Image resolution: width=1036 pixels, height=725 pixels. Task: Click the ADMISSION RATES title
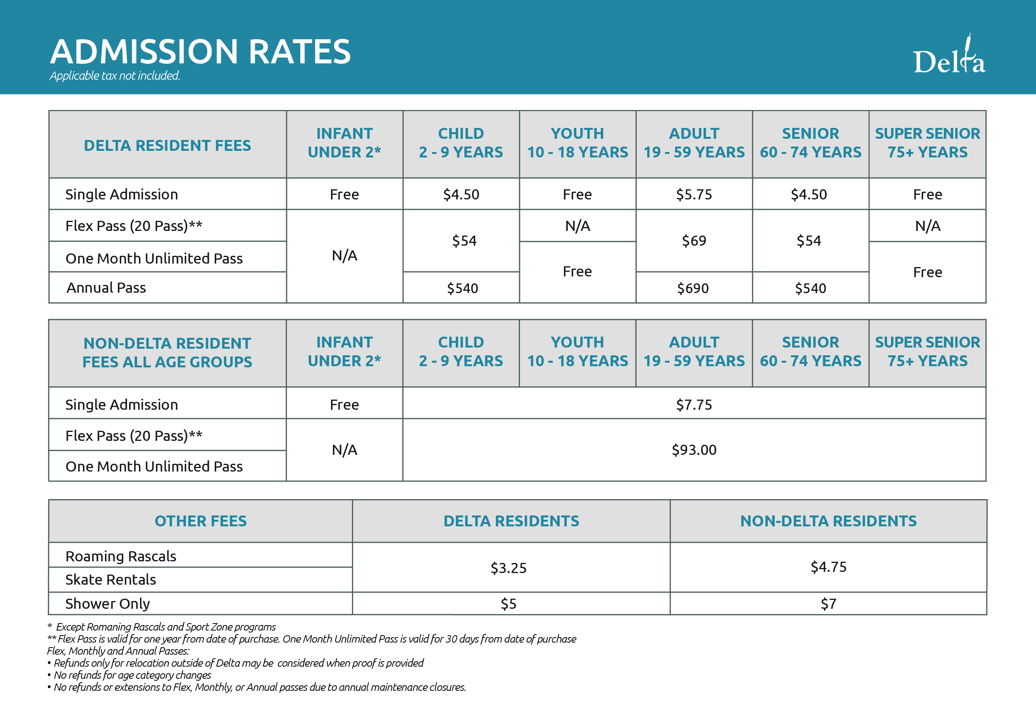pos(200,51)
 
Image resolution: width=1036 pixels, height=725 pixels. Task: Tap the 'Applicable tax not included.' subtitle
pos(115,76)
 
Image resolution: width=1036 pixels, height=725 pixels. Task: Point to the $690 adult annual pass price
pos(693,288)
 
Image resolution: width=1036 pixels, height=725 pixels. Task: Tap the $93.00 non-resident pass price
pos(694,450)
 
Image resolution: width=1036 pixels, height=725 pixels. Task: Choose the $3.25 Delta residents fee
pos(509,568)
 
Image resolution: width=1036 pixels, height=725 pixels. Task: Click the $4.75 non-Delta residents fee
pos(828,567)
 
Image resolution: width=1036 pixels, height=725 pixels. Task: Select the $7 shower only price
pos(828,604)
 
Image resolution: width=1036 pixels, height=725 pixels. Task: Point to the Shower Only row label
pos(107,604)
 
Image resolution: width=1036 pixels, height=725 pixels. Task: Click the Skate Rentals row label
pos(110,580)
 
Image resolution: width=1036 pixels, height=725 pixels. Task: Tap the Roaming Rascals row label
pos(121,556)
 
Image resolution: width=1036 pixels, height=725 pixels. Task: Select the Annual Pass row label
pos(107,288)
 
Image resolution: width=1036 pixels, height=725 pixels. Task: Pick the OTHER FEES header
pos(201,521)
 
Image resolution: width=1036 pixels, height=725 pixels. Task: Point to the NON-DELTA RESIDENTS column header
pos(828,521)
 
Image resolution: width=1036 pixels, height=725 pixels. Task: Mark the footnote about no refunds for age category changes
pos(129,675)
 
